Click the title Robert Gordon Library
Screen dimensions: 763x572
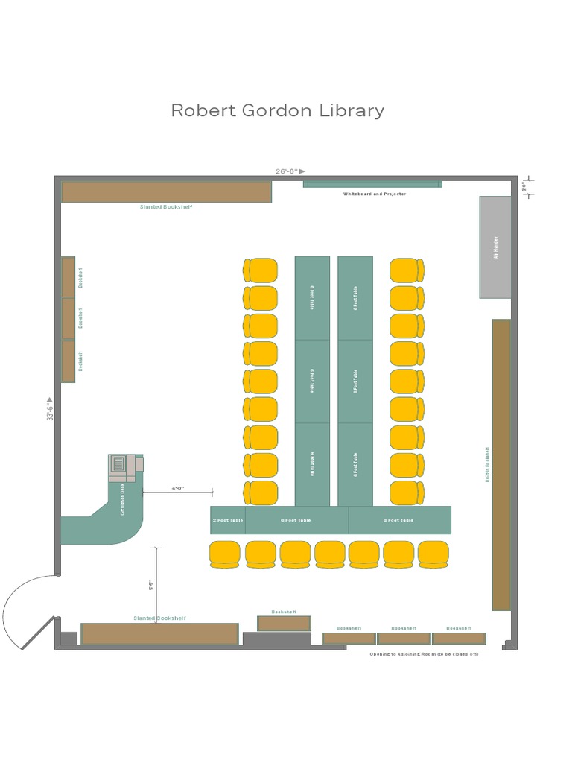point(278,110)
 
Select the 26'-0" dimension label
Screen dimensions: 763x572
point(287,171)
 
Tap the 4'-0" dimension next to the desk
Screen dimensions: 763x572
point(178,488)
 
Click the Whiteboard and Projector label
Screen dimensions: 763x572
point(374,194)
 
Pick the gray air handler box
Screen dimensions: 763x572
point(495,247)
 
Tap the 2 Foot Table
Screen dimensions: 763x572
point(228,520)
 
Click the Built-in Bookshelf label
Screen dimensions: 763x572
point(488,464)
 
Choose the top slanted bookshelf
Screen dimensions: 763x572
point(166,191)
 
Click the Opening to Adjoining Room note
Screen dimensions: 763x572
point(424,653)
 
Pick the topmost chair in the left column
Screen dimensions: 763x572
point(261,270)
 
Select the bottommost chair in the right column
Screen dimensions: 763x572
point(407,493)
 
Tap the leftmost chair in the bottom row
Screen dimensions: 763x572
point(225,554)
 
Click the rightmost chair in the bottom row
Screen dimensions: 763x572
point(433,554)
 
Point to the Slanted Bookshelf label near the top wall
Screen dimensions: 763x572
point(166,206)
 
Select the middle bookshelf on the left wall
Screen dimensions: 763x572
point(69,319)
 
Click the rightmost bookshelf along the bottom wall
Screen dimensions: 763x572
point(459,639)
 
